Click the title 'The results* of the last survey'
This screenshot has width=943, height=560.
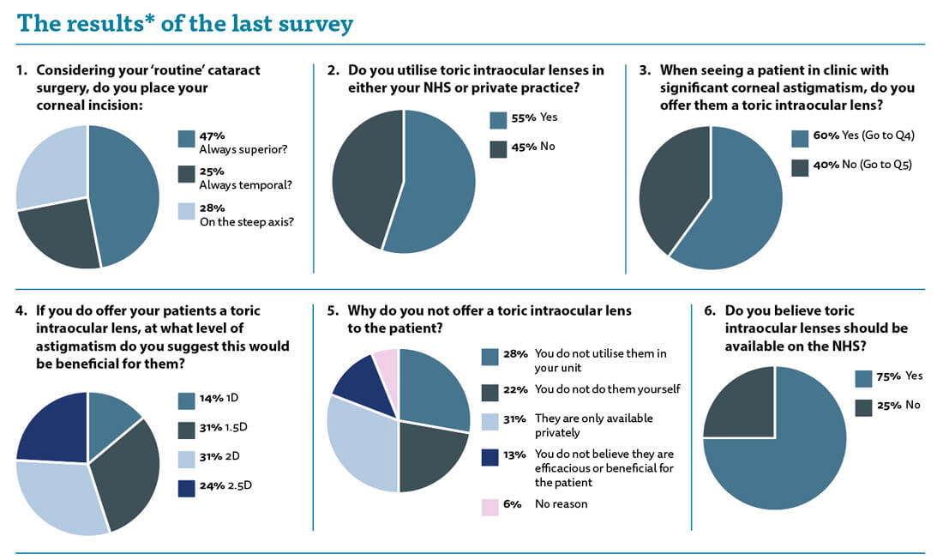pos(184,23)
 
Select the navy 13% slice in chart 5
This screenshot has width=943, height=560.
pos(357,390)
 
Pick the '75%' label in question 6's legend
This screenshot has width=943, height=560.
pos(890,376)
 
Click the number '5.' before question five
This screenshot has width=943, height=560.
pos(333,310)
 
